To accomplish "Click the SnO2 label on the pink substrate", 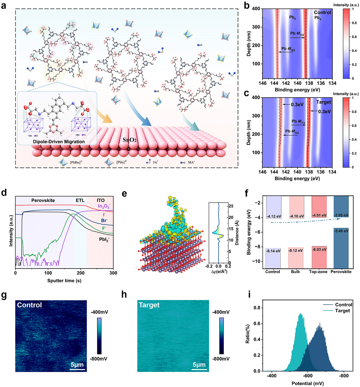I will coord(130,140).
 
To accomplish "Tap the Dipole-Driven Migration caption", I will coord(59,142).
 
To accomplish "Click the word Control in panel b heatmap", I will coord(322,12).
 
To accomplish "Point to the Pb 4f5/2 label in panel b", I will coord(288,49).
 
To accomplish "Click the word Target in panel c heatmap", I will coord(323,102).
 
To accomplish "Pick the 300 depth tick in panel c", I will coord(256,116).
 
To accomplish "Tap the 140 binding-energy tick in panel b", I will coord(297,83).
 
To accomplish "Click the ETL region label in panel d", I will coord(80,200).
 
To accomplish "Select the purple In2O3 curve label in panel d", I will coord(104,206).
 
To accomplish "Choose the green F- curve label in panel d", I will coord(104,228).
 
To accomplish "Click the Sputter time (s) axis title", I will coord(64,281).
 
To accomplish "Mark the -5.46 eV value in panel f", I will coord(341,231).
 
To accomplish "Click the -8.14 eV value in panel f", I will coord(273,251).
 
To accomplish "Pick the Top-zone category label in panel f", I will coord(318,272).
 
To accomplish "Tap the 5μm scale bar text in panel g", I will coord(77,365).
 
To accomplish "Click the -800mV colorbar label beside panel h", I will coord(221,359).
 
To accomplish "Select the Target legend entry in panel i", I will coord(342,311).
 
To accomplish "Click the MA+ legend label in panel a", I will coord(191,162).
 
